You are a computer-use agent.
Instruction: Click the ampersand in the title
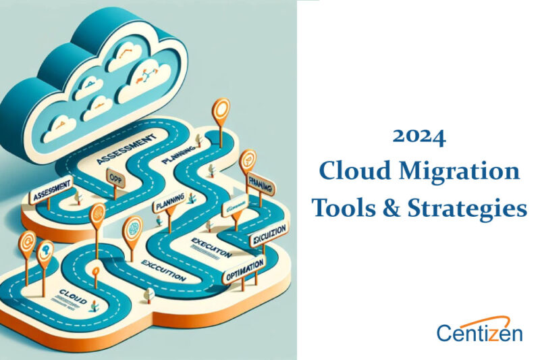383,207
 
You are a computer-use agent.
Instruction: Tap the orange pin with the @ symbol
27,241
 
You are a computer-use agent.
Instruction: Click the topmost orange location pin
221,109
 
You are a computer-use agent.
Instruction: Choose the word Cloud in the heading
348,172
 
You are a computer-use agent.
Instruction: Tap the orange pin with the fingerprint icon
98,215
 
